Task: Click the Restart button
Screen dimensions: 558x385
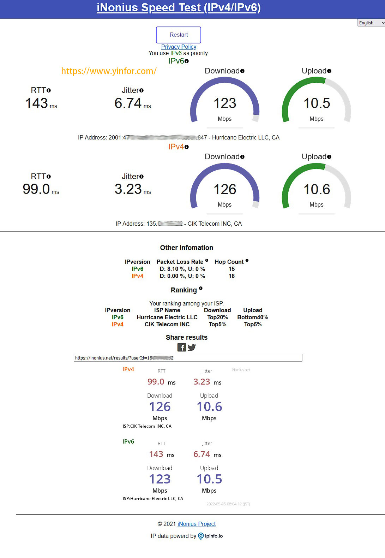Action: pyautogui.click(x=179, y=35)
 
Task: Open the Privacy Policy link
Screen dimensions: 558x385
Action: pyautogui.click(x=179, y=47)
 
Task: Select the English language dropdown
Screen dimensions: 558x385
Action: pyautogui.click(x=371, y=23)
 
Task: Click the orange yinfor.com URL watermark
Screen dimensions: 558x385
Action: pyautogui.click(x=109, y=71)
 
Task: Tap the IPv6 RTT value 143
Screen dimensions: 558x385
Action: pyautogui.click(x=37, y=103)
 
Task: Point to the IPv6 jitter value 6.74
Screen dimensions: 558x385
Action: pyautogui.click(x=128, y=103)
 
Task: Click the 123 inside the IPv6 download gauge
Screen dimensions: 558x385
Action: pyautogui.click(x=225, y=103)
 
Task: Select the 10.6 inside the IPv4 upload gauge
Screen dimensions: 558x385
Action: pyautogui.click(x=317, y=190)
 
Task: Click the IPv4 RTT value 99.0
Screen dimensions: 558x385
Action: pyautogui.click(x=36, y=189)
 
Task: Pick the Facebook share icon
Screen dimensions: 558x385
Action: pyautogui.click(x=181, y=348)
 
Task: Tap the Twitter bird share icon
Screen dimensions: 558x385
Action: pyautogui.click(x=192, y=348)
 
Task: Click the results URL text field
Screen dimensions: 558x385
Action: pyautogui.click(x=188, y=358)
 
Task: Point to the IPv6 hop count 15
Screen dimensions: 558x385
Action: pyautogui.click(x=231, y=269)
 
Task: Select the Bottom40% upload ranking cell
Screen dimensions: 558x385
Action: pyautogui.click(x=253, y=317)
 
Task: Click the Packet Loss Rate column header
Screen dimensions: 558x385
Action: pyautogui.click(x=180, y=262)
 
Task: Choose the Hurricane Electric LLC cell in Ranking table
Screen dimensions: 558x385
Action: pyautogui.click(x=167, y=317)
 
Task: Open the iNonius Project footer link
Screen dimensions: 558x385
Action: pyautogui.click(x=197, y=524)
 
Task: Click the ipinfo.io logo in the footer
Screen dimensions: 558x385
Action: pyautogui.click(x=211, y=536)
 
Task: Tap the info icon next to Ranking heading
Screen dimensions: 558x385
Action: pyautogui.click(x=200, y=289)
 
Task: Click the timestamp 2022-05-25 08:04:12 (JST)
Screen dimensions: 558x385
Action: pyautogui.click(x=228, y=504)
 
